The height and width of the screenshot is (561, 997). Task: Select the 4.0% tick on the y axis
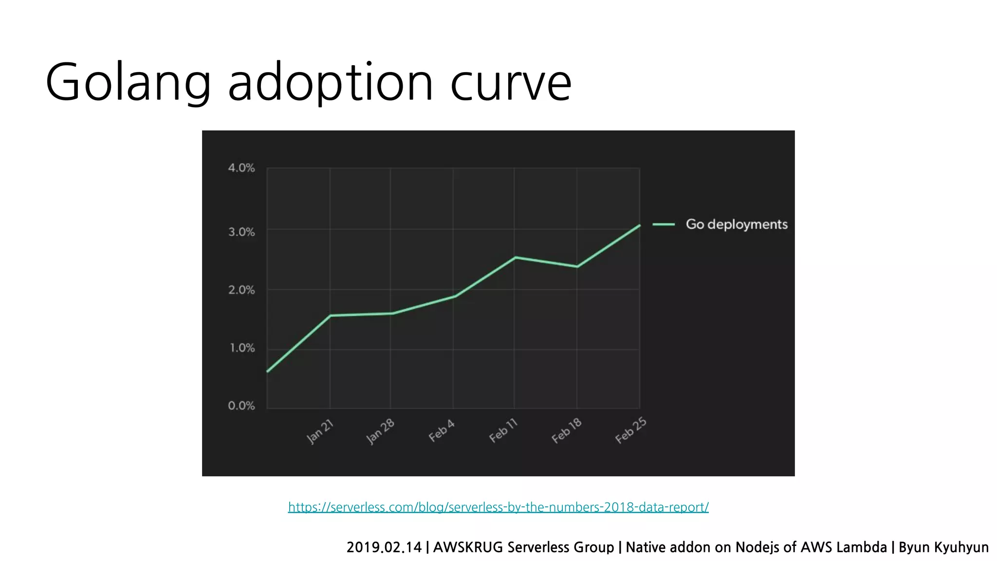click(241, 168)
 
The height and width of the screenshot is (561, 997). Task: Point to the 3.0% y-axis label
click(241, 232)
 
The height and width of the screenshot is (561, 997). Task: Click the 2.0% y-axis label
click(241, 290)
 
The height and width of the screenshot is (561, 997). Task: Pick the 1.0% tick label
click(242, 348)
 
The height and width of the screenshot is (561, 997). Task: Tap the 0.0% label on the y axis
click(241, 406)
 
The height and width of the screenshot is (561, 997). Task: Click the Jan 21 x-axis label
click(320, 431)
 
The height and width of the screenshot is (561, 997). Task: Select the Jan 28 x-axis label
click(380, 431)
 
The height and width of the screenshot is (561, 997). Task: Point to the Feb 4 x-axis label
click(442, 430)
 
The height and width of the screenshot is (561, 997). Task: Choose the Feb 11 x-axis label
click(503, 430)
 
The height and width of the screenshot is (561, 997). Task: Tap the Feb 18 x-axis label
click(566, 430)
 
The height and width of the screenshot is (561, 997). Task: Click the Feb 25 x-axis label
click(630, 430)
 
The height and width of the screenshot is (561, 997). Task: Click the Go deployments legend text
click(736, 224)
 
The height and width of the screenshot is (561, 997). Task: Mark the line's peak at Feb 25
click(639, 225)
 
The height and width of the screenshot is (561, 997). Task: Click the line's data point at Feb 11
click(515, 257)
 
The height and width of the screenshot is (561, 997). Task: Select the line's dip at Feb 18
click(577, 266)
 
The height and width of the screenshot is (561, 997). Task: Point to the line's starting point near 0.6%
click(268, 372)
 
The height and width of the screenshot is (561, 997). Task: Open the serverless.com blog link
click(498, 507)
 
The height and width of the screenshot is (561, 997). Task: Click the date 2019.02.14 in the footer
click(384, 547)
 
